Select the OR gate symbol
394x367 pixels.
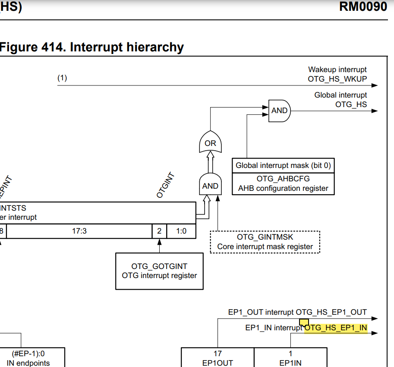pos(210,143)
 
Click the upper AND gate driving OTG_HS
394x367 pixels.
pos(280,111)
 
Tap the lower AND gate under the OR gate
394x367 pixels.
pos(210,185)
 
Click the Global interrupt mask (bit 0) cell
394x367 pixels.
pos(283,165)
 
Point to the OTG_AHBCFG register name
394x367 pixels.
pos(283,179)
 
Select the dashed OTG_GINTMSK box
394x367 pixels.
pos(265,242)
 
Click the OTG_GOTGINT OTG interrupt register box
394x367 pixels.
pos(159,271)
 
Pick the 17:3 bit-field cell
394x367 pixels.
pos(79,231)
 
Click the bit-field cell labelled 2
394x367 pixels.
pos(159,231)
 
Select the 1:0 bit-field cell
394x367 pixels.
pos(181,231)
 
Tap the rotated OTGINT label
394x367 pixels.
pos(165,185)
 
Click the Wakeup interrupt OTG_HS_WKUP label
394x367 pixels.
pos(337,74)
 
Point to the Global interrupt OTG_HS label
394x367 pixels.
pos(340,99)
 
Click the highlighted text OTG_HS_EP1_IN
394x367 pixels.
pos(336,328)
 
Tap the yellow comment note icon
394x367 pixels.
pos(304,323)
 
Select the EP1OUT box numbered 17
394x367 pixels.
pos(217,358)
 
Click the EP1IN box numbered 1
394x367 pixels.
pos(290,358)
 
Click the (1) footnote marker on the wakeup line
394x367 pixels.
pos(62,78)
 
